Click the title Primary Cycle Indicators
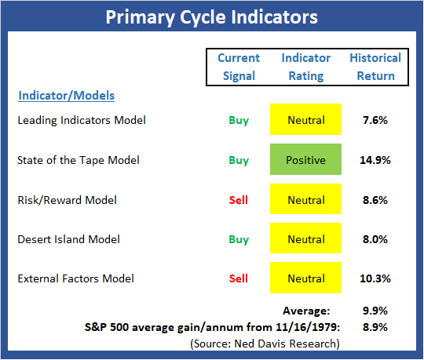(211, 17)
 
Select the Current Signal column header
(239, 67)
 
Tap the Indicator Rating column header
(306, 67)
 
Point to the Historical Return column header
(375, 67)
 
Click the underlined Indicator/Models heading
(67, 96)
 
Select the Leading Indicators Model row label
(82, 120)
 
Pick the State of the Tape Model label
(79, 160)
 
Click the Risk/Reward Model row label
(67, 200)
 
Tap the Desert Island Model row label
(68, 239)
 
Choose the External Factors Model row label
(75, 278)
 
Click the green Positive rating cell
(306, 159)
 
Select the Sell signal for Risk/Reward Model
(239, 200)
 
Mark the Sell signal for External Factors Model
(239, 278)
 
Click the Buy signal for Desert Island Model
(239, 240)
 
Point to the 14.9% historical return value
(375, 160)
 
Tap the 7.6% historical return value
(375, 120)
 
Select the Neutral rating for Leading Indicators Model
(306, 119)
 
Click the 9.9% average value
(375, 311)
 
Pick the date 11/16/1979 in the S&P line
(308, 327)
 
